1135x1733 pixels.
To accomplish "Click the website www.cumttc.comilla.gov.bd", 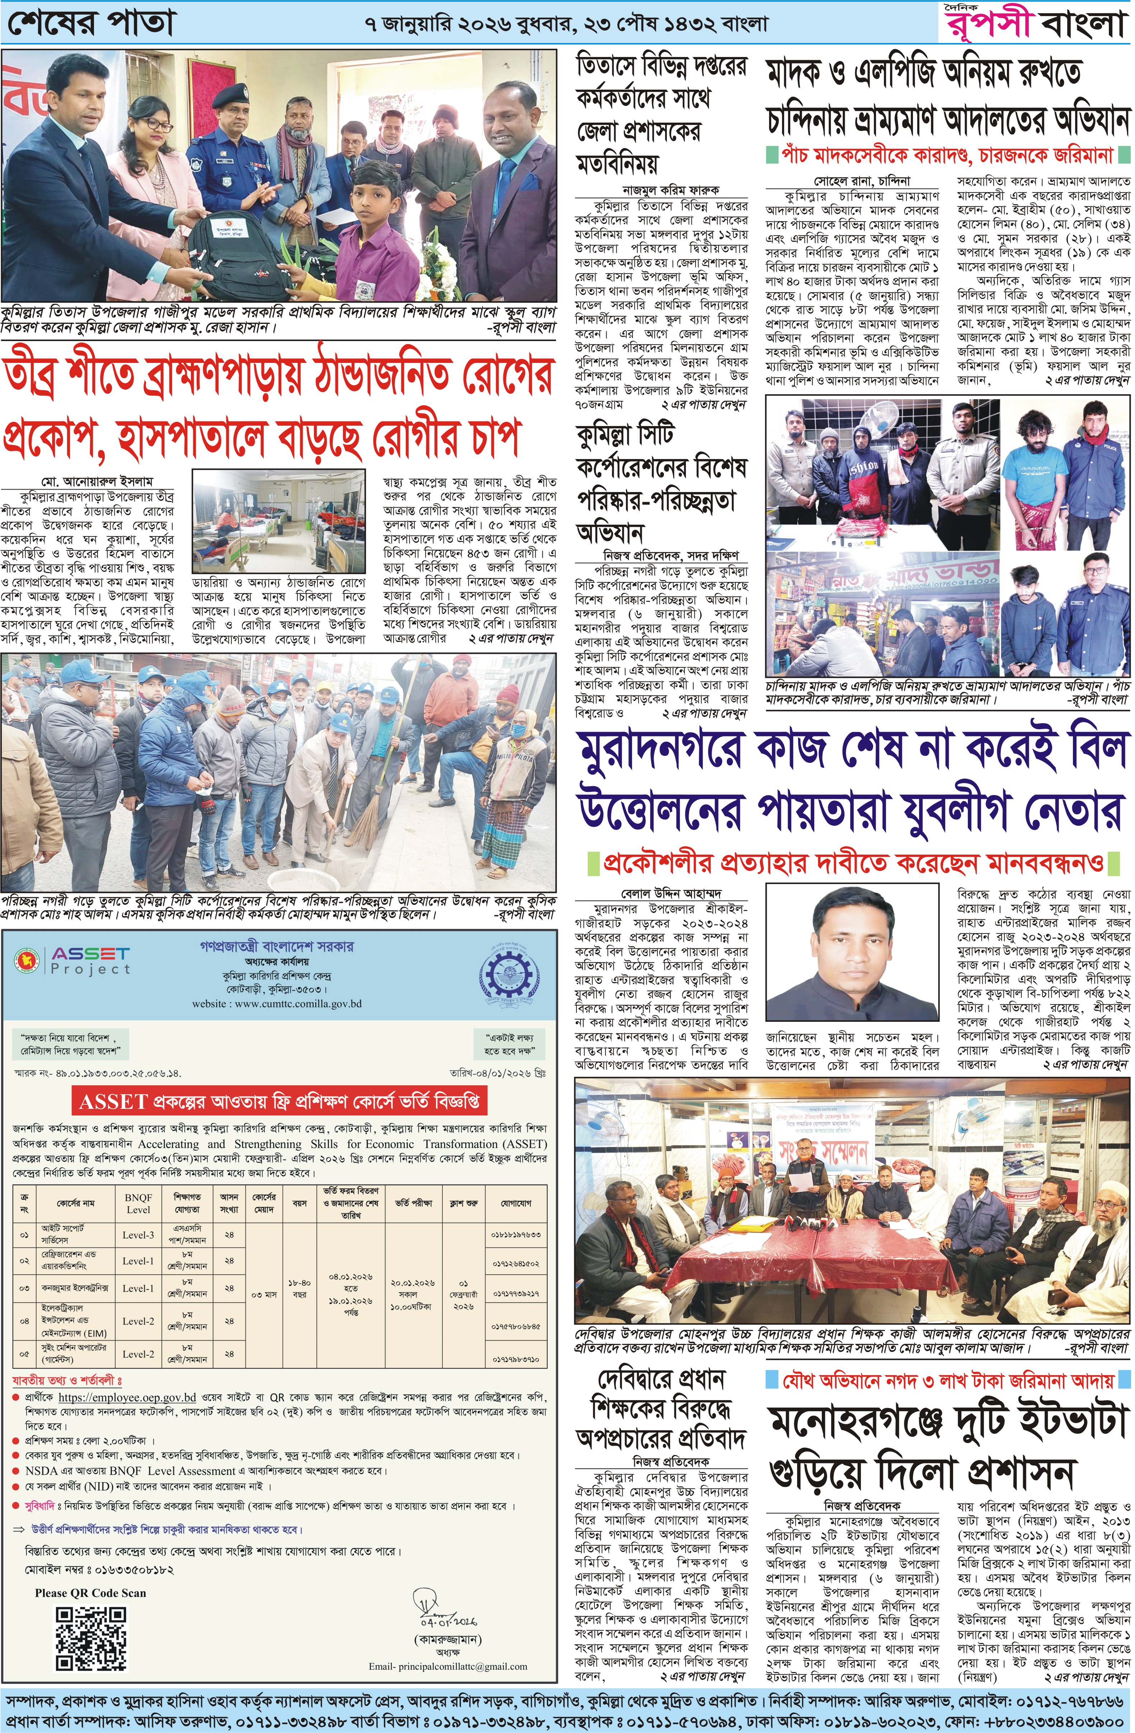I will tap(277, 1004).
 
